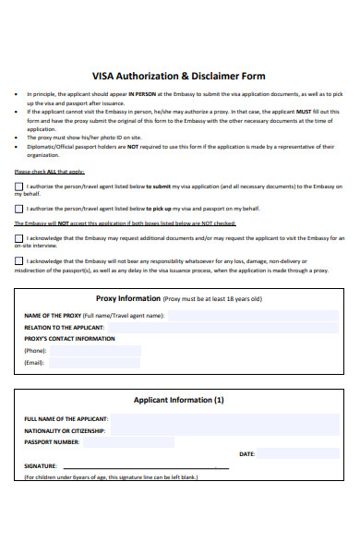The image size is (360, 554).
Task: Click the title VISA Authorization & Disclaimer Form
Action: click(180, 77)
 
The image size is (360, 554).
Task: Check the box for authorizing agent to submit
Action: click(20, 187)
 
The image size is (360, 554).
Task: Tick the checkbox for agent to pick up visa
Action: click(20, 209)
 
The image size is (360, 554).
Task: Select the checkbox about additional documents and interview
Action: click(20, 238)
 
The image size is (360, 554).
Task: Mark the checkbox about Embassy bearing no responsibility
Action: click(20, 261)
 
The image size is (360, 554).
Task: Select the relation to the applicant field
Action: click(166, 327)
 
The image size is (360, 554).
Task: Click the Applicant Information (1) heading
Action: click(179, 401)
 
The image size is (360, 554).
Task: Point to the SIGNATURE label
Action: click(41, 466)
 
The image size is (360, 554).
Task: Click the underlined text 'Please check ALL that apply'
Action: click(50, 172)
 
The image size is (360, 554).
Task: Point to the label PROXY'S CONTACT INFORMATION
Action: click(69, 339)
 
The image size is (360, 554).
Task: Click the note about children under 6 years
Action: click(111, 476)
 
